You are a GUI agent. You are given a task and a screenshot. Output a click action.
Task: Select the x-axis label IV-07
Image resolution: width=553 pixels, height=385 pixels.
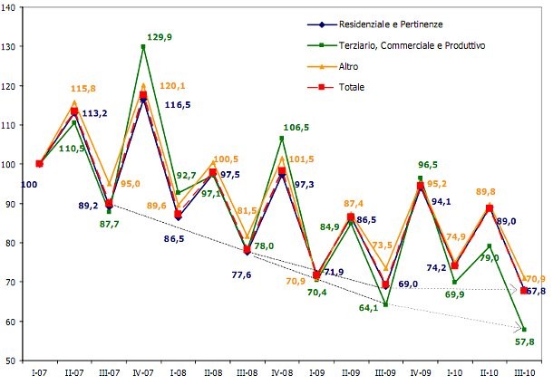(142, 372)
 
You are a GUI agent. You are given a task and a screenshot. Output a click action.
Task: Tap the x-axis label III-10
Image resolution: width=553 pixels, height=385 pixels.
(523, 372)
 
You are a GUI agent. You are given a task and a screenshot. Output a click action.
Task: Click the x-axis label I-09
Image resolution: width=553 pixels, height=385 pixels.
(316, 372)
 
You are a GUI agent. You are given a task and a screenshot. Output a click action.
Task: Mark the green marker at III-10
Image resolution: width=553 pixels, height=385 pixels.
(524, 330)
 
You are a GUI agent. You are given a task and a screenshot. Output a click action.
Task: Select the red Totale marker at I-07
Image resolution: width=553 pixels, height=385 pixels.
(39, 164)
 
